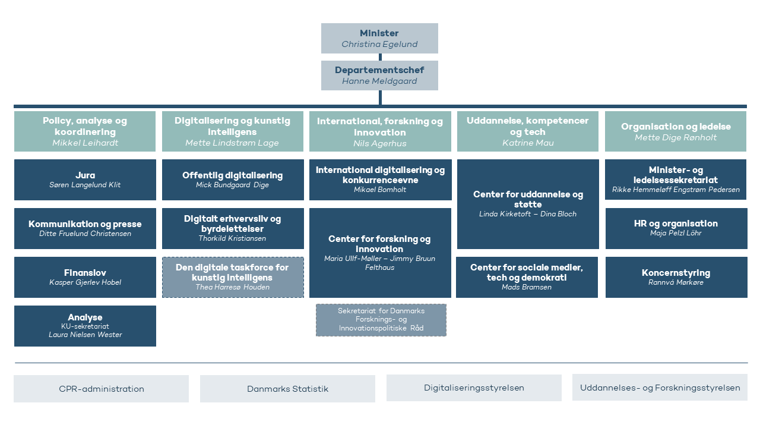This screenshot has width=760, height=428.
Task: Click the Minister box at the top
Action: (379, 38)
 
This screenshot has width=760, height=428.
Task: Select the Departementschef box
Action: (379, 75)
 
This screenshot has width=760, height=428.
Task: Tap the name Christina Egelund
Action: (379, 44)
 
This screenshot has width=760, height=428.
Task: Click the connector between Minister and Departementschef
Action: (380, 57)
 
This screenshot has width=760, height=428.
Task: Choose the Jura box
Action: (85, 180)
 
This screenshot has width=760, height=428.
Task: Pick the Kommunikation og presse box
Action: (85, 229)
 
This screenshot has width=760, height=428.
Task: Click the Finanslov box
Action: (85, 277)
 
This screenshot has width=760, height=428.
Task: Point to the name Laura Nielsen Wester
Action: (85, 335)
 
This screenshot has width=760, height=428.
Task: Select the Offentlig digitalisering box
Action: (233, 180)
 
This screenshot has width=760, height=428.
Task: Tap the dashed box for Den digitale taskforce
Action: (233, 277)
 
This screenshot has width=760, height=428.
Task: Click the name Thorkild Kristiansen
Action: (232, 238)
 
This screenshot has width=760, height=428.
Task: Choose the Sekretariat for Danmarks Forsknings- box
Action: (381, 320)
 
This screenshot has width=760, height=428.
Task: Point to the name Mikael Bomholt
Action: (379, 190)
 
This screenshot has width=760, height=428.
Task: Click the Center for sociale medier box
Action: (527, 277)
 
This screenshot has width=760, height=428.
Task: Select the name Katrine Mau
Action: (528, 143)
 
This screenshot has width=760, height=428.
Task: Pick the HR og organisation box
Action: (676, 229)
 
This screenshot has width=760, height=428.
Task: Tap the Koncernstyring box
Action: (676, 277)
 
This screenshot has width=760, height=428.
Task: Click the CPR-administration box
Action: (101, 389)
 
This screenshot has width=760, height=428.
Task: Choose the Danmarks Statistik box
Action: (287, 389)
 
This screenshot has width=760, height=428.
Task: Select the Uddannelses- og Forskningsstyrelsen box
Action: (660, 388)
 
